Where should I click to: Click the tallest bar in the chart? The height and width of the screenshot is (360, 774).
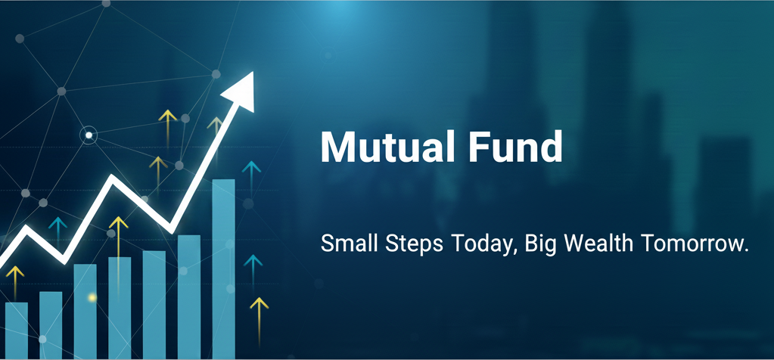click(224, 268)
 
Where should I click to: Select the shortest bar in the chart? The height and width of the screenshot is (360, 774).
click(17, 331)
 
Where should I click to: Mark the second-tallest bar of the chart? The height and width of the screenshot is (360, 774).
click(189, 297)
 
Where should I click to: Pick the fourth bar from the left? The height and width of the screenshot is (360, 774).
click(120, 308)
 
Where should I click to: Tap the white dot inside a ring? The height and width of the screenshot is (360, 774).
click(89, 135)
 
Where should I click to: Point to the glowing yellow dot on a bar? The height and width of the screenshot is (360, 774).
click(92, 297)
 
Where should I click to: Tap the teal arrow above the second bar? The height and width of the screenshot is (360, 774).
click(58, 231)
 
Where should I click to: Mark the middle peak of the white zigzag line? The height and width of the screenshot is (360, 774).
click(113, 178)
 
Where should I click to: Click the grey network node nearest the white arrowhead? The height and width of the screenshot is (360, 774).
click(216, 74)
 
